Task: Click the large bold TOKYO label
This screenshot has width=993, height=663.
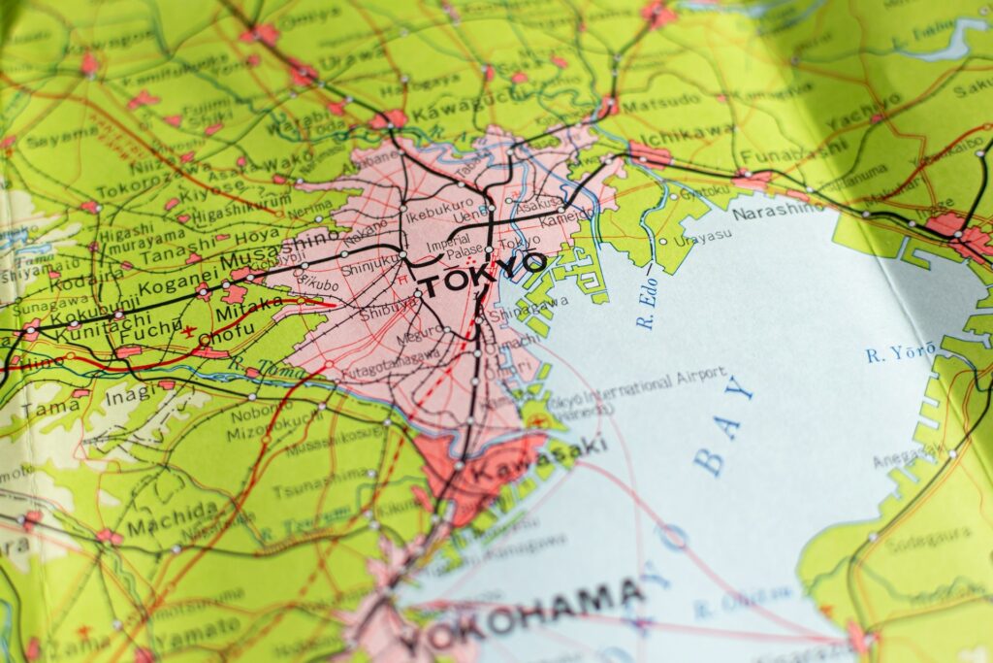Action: point(482,274)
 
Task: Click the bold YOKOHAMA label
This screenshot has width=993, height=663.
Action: point(523,615)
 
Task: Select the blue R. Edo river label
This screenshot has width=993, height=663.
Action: point(648,309)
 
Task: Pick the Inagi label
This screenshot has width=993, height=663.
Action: point(130,396)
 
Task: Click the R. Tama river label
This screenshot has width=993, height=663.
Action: point(254,368)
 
